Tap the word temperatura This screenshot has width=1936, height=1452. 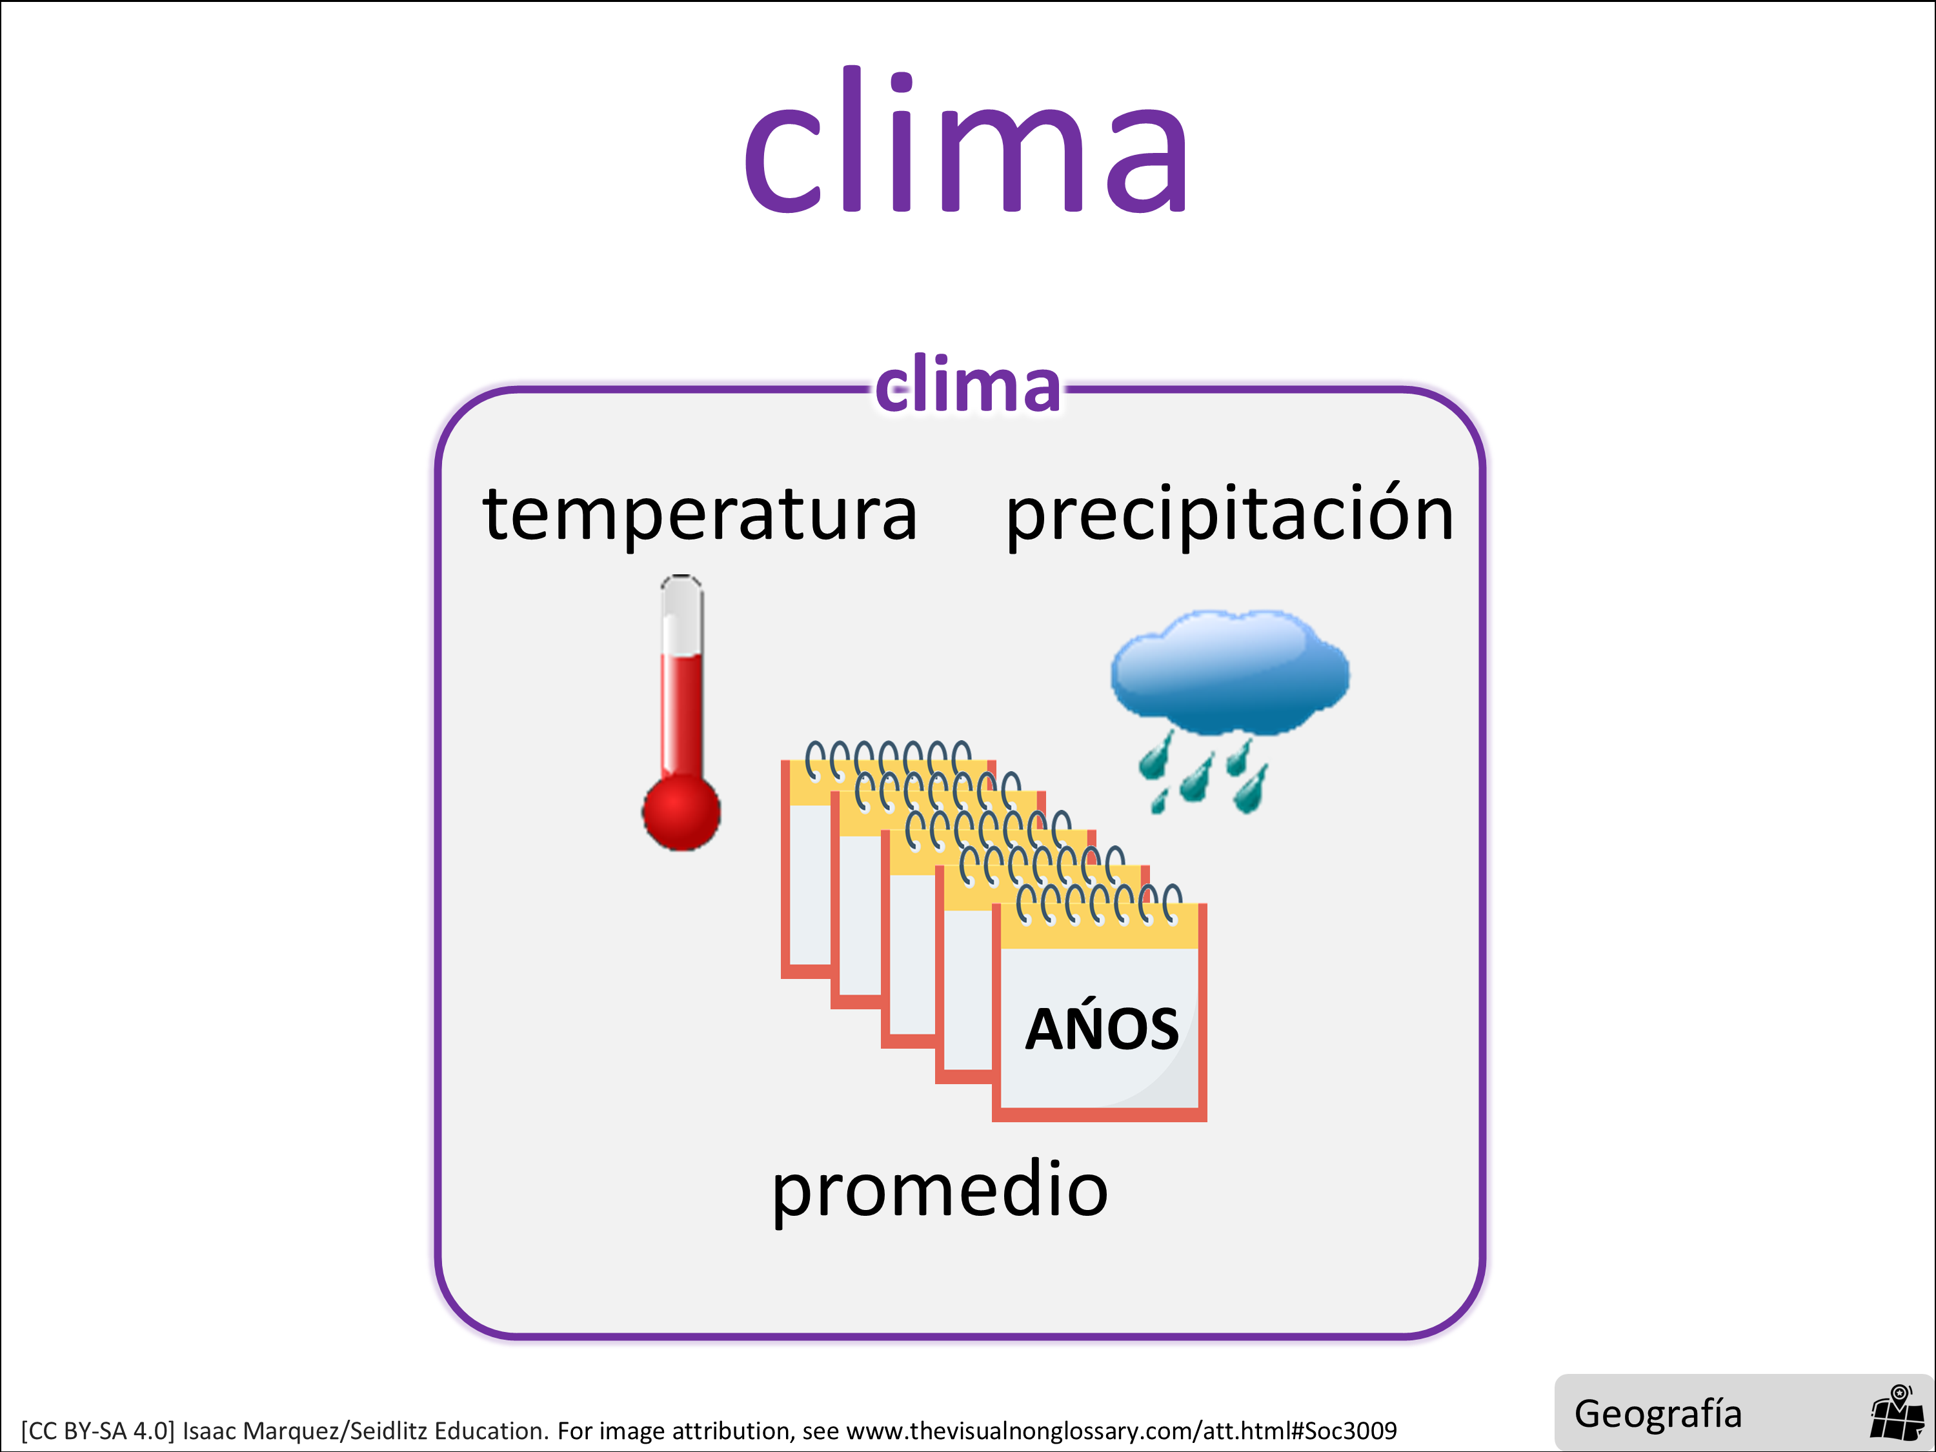click(700, 514)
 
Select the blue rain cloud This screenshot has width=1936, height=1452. click(1230, 672)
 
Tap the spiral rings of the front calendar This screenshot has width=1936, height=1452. click(1098, 904)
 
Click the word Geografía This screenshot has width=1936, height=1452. click(1658, 1413)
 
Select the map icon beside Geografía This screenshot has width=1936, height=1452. click(1896, 1412)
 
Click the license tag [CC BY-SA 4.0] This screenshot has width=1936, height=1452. click(98, 1431)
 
